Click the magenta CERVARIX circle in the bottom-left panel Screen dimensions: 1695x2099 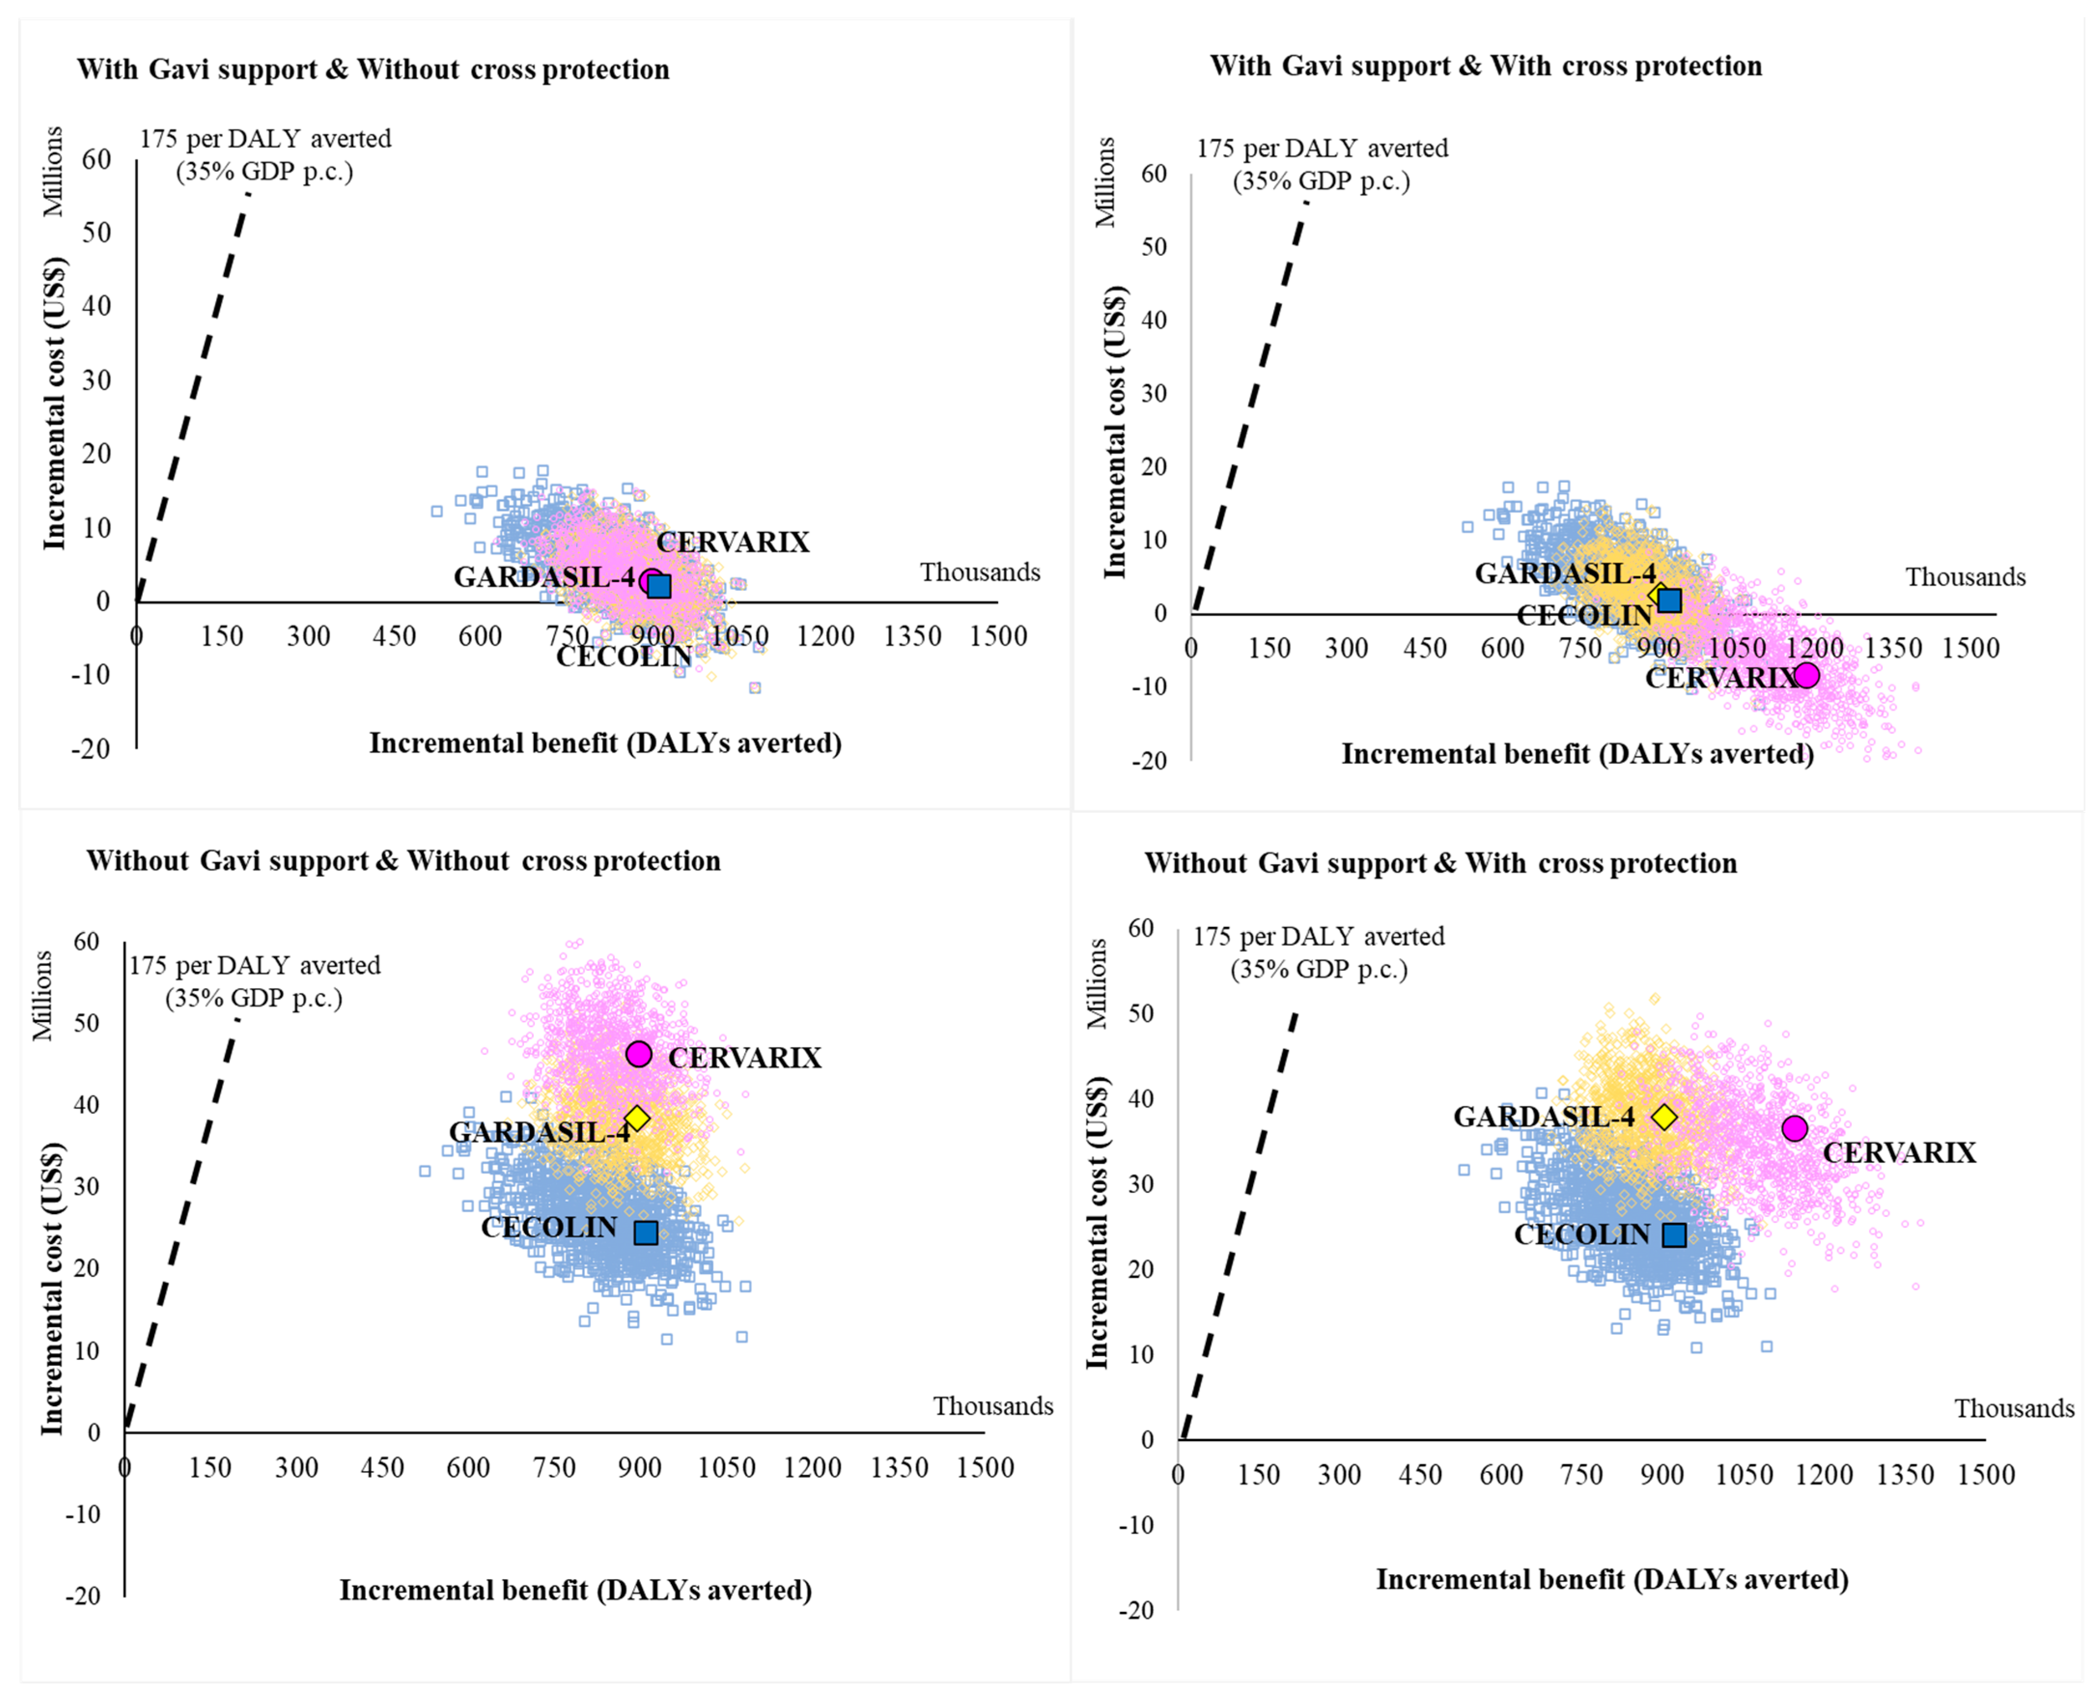pyautogui.click(x=639, y=1053)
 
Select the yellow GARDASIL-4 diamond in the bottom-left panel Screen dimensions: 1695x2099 pyautogui.click(x=637, y=1118)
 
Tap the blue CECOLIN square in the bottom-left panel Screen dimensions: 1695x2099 pyautogui.click(x=645, y=1232)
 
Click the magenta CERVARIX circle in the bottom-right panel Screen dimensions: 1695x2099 pyautogui.click(x=1794, y=1129)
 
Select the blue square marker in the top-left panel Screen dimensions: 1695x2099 pyautogui.click(x=660, y=586)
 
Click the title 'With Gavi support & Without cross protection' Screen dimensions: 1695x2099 pyautogui.click(x=373, y=70)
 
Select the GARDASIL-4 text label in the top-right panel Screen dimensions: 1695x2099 pyautogui.click(x=1565, y=573)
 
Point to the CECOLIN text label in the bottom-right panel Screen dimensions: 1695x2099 pyautogui.click(x=1582, y=1234)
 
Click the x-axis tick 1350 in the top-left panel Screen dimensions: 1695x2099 pyautogui.click(x=912, y=637)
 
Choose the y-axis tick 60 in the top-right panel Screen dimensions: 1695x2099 pyautogui.click(x=1154, y=174)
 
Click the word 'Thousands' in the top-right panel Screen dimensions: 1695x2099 pyautogui.click(x=1965, y=577)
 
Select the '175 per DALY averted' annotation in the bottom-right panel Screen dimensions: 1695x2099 pyautogui.click(x=1318, y=937)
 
